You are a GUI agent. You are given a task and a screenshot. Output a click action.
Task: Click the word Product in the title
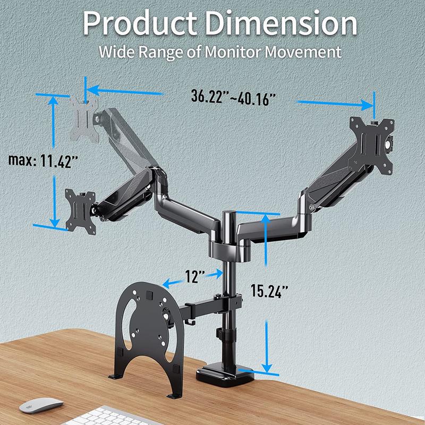[140, 24]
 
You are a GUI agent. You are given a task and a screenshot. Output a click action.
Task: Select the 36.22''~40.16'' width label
[234, 98]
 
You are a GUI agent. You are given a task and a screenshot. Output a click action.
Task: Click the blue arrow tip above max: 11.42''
[52, 99]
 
